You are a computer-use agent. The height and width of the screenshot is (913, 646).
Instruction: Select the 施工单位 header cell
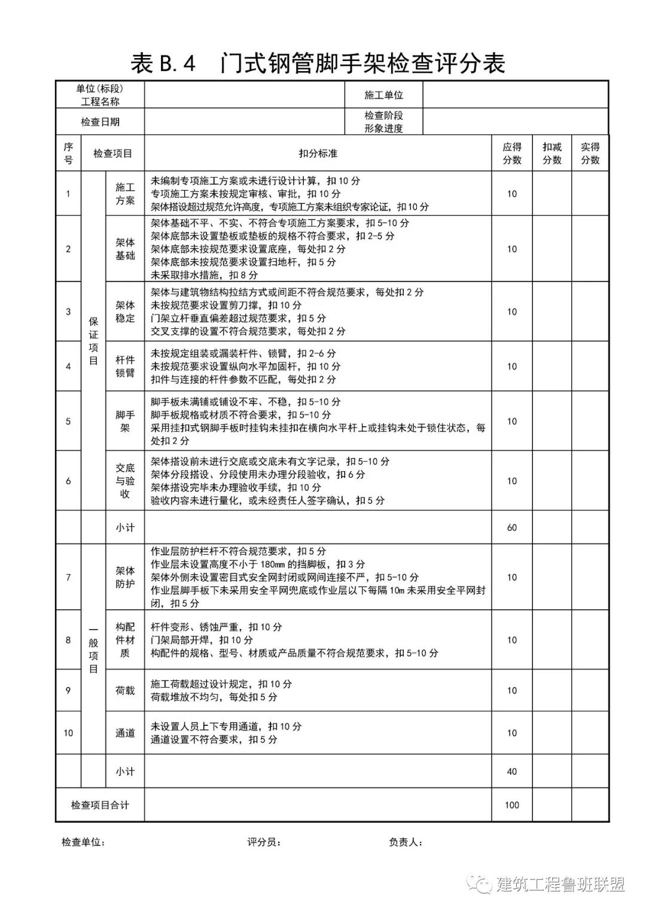click(x=383, y=95)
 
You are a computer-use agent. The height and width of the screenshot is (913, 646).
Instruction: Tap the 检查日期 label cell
click(x=100, y=122)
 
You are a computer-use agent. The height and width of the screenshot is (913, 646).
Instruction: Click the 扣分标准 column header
click(x=318, y=154)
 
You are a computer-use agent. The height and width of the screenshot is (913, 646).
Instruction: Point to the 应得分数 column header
click(x=511, y=154)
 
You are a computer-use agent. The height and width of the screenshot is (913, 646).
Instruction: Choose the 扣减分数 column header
click(x=551, y=154)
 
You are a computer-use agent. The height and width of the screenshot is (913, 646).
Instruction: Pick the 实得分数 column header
click(x=590, y=154)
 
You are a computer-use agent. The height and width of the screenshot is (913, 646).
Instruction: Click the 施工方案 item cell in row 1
click(x=125, y=194)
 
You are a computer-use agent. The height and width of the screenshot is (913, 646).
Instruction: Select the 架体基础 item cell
click(x=125, y=249)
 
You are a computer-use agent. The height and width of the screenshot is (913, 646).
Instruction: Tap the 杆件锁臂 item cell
click(x=125, y=367)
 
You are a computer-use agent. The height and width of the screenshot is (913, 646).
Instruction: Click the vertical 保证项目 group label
click(x=93, y=341)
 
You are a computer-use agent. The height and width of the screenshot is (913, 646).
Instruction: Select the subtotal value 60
click(x=511, y=527)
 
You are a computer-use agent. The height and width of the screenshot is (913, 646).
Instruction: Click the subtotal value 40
click(x=511, y=771)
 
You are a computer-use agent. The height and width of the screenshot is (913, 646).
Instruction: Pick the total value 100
click(x=511, y=805)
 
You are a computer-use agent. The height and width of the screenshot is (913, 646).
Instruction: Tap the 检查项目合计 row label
click(x=100, y=805)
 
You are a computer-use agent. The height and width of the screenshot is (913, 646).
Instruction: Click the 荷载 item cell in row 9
click(x=125, y=691)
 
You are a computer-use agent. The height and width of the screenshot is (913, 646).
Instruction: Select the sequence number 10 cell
click(x=68, y=733)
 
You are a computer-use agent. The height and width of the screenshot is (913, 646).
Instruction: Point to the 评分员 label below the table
click(x=264, y=842)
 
